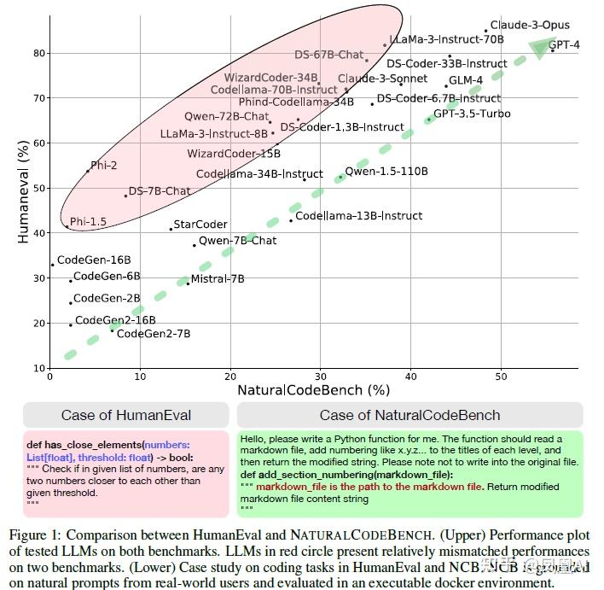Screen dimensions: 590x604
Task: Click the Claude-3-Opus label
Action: (530, 26)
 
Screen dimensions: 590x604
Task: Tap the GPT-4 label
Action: (564, 44)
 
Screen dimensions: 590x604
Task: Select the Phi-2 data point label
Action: (104, 166)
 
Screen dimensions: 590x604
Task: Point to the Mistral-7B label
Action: (218, 279)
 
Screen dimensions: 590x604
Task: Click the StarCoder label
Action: (200, 225)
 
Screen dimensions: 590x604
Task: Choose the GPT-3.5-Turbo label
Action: (472, 114)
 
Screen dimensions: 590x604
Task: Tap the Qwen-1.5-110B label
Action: (386, 172)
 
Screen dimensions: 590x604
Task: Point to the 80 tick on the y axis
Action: (39, 53)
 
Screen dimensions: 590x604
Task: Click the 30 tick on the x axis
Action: (320, 377)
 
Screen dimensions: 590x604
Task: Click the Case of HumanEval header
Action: (126, 416)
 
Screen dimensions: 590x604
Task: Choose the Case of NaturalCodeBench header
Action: (409, 416)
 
